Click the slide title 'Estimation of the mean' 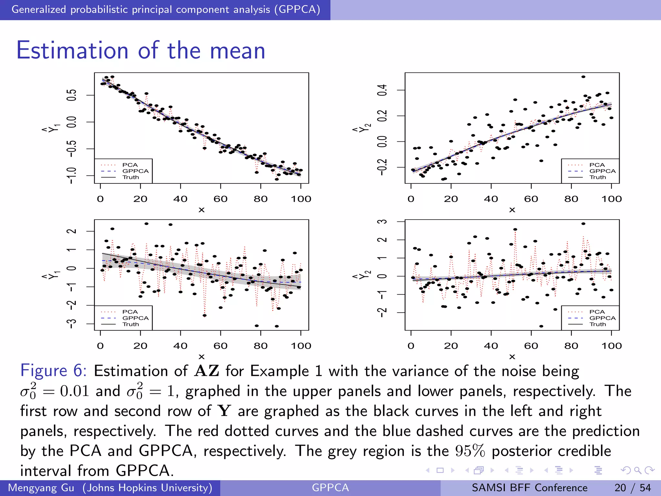(141, 51)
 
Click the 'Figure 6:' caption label (53, 370)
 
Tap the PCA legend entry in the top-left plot (130, 165)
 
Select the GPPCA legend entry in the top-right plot (602, 171)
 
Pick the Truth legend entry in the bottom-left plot (131, 324)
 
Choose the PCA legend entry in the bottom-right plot (597, 312)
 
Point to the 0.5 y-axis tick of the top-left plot (71, 95)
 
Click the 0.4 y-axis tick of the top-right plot (382, 90)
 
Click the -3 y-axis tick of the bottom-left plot (71, 324)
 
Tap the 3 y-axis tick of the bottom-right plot (382, 222)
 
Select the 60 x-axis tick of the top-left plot (220, 199)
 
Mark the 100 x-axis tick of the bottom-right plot (611, 346)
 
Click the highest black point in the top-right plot (583, 77)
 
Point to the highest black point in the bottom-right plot (583, 224)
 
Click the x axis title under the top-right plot (512, 210)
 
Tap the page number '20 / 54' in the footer (633, 488)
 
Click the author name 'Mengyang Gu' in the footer (41, 488)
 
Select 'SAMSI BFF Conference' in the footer (530, 488)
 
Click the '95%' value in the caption (470, 451)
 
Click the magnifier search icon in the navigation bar (637, 470)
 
